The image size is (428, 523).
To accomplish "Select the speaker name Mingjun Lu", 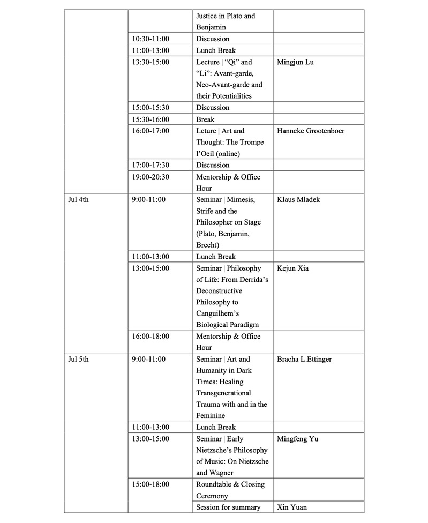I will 295,62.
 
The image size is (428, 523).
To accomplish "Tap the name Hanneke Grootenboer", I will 311,131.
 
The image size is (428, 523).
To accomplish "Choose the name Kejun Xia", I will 292,268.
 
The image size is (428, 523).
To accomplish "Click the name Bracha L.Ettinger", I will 304,359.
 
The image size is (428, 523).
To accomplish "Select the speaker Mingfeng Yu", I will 297,439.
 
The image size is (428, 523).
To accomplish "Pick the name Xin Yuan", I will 292,507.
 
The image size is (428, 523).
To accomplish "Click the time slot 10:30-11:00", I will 151,39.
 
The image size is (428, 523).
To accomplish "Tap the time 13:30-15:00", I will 151,62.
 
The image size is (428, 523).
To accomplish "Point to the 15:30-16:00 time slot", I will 151,119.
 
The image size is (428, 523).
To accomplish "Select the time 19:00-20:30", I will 151,176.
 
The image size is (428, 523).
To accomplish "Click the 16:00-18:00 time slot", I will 151,336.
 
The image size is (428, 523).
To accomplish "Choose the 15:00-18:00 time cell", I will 151,484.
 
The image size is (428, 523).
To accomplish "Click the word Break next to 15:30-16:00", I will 205,119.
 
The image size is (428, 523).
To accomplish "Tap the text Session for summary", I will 228,507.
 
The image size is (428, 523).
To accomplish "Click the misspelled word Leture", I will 206,131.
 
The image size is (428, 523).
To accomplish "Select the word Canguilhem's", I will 219,313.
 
